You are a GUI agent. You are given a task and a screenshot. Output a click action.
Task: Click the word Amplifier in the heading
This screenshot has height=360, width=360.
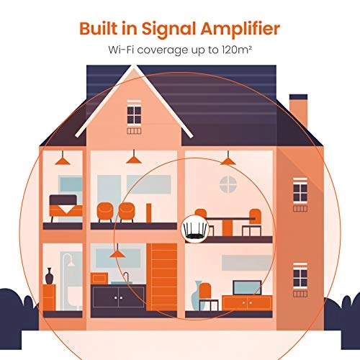(x=240, y=30)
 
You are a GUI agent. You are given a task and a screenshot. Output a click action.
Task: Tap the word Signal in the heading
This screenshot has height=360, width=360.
(x=169, y=30)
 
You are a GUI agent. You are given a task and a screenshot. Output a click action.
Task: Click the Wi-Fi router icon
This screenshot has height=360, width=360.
(x=195, y=230)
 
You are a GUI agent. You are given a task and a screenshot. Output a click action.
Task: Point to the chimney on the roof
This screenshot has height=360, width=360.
(x=298, y=110)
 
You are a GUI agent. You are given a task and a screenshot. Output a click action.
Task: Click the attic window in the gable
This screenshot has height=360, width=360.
(x=134, y=115)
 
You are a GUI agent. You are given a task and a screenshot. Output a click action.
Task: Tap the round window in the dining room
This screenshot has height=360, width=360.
(x=228, y=184)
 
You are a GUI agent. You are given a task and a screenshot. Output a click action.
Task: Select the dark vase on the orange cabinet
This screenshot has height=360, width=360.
(x=49, y=276)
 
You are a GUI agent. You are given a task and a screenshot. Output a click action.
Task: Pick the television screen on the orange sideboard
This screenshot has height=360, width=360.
(x=247, y=287)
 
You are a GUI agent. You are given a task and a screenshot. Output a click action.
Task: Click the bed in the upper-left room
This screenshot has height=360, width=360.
(x=66, y=207)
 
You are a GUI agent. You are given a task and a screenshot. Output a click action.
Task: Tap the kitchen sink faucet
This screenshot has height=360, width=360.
(x=127, y=276)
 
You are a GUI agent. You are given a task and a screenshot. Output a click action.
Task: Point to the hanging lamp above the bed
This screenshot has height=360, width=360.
(x=63, y=158)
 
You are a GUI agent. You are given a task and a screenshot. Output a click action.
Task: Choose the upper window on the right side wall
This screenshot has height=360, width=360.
(x=300, y=192)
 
